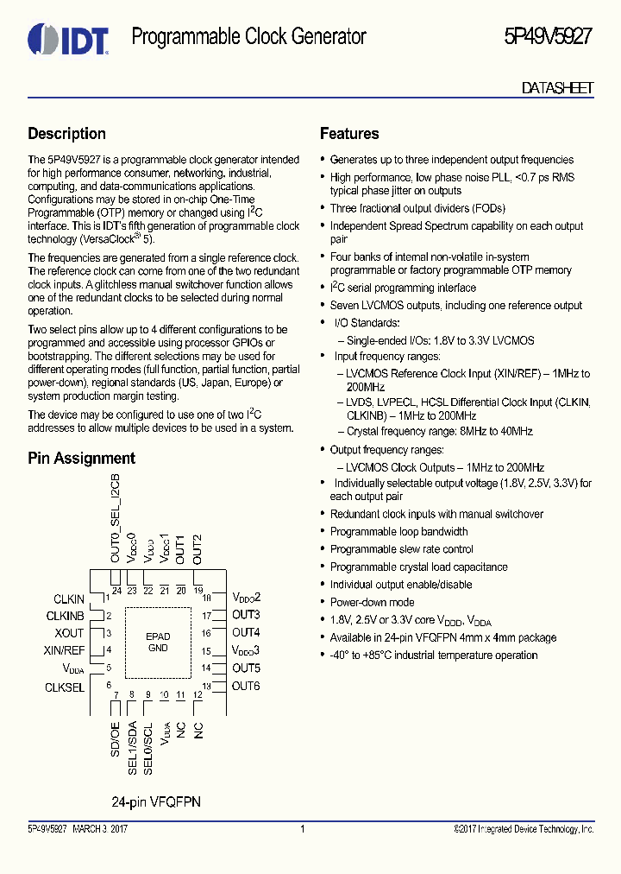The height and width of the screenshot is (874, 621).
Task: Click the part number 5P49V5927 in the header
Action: point(548,37)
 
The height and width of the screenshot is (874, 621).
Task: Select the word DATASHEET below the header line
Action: point(557,88)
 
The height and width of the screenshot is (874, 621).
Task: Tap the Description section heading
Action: point(66,134)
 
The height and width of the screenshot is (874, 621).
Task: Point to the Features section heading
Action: point(349,134)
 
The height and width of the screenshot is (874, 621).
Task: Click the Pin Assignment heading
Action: point(81,459)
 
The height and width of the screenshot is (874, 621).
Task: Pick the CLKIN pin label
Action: point(69,598)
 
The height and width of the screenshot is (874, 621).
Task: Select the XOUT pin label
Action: point(69,633)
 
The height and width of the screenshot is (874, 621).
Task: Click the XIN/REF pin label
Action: point(64,650)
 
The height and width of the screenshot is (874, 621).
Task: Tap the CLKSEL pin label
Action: point(65,687)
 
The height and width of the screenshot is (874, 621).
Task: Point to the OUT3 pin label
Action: point(246,615)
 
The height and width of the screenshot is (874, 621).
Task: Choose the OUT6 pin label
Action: point(246,686)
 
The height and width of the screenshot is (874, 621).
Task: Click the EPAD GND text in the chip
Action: point(158,642)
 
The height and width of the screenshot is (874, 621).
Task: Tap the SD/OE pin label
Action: point(115,739)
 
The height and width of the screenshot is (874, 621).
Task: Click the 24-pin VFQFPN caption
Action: point(156,801)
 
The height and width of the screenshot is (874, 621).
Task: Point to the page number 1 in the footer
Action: point(303,829)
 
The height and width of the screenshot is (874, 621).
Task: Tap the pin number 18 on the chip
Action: point(207,598)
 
